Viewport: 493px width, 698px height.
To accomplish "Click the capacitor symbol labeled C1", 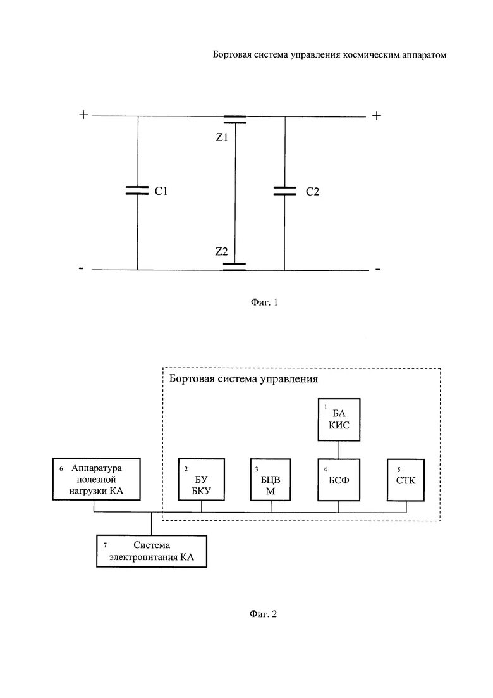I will click(137, 190).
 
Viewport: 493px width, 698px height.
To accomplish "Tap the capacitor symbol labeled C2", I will click(284, 190).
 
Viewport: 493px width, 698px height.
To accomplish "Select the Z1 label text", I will click(221, 137).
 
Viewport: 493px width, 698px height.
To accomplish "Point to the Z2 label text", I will click(221, 251).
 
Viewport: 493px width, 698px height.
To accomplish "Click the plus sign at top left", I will click(83, 115).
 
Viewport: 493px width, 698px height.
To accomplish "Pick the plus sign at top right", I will click(377, 116).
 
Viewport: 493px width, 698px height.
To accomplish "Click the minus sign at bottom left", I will click(81, 268).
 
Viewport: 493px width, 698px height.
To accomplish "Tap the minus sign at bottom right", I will click(377, 269).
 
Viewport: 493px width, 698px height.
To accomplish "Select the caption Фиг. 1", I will click(261, 302).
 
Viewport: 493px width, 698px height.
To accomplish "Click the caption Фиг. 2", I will click(261, 613).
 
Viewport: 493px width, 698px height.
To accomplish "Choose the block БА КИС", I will click(338, 420).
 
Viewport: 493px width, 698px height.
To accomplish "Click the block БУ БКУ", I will click(201, 480).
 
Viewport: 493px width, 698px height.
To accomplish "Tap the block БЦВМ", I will click(271, 480).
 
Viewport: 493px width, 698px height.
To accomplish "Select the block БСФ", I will click(338, 480).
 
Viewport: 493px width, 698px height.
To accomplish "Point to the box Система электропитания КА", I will click(151, 551).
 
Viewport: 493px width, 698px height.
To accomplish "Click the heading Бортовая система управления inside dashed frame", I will click(243, 380).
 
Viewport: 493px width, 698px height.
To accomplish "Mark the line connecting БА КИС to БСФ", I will click(339, 450).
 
